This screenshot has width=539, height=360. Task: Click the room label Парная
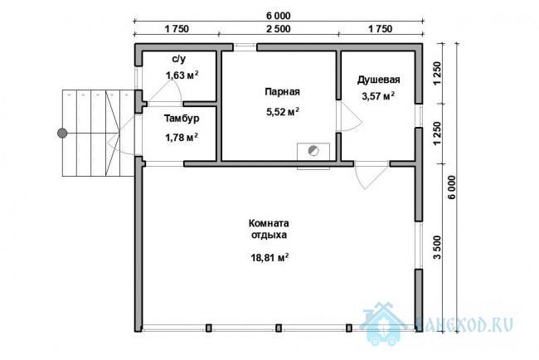(282, 92)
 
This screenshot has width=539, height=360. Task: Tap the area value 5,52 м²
(283, 111)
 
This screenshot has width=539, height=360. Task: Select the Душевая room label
(378, 80)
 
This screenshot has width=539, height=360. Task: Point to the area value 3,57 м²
(378, 96)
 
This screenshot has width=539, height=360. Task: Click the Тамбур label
(182, 119)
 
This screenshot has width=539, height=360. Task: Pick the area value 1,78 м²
(182, 138)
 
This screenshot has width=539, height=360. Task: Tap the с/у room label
(179, 59)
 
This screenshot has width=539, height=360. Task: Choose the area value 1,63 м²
(182, 75)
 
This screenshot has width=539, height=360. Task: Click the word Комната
(269, 223)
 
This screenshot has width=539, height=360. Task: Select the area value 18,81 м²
(269, 257)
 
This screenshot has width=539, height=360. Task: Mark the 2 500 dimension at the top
(278, 29)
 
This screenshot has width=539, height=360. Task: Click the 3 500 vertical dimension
(437, 247)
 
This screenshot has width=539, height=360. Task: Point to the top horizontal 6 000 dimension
(278, 16)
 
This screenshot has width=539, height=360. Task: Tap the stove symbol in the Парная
(313, 151)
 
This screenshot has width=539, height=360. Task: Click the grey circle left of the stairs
(62, 133)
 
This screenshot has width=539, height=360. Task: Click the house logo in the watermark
(383, 324)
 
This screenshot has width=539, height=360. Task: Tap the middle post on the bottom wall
(279, 328)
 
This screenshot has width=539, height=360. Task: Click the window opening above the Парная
(245, 47)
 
